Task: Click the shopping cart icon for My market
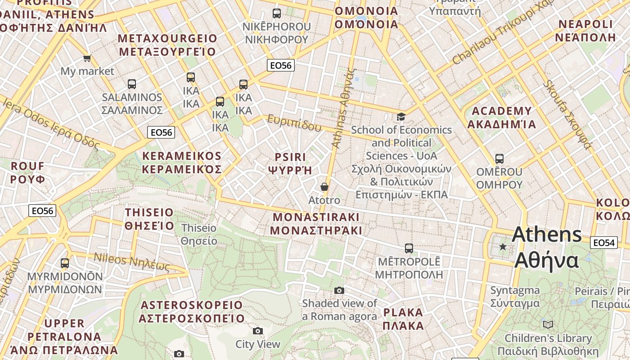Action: click(x=87, y=58)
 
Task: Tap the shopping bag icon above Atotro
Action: click(x=324, y=187)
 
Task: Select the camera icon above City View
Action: click(x=258, y=331)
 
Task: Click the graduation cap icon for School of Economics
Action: click(x=400, y=117)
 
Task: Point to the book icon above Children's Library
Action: click(x=548, y=324)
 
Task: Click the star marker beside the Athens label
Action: click(x=503, y=247)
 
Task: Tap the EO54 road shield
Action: click(x=604, y=243)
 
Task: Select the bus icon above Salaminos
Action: click(x=131, y=84)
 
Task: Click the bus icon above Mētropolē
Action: click(x=409, y=248)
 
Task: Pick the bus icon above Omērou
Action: click(x=499, y=159)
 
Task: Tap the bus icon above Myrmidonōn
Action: click(x=65, y=263)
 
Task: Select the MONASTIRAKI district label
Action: click(x=316, y=224)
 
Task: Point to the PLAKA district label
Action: click(x=403, y=319)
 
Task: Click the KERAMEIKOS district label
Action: click(x=182, y=162)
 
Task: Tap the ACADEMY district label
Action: click(x=502, y=117)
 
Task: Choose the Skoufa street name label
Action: click(x=567, y=114)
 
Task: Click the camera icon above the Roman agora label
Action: click(x=339, y=291)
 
